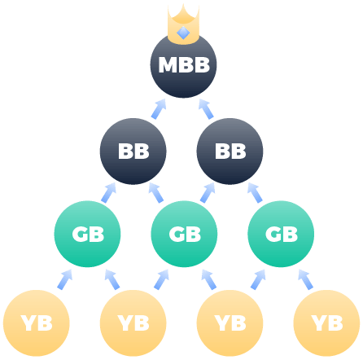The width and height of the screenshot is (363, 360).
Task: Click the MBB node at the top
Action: point(183,65)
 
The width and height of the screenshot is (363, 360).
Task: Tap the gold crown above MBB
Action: point(183,24)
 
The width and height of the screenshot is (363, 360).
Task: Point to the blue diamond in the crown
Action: point(183,33)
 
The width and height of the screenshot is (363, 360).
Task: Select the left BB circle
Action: point(133,151)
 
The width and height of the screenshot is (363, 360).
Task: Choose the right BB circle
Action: point(230,151)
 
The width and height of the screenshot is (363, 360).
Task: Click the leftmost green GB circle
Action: point(87,234)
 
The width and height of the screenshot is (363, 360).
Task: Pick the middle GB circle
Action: point(184,234)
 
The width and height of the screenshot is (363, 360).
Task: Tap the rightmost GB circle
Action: point(281,234)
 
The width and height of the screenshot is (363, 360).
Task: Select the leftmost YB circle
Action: point(36,323)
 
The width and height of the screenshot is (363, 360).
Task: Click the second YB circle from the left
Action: point(133,323)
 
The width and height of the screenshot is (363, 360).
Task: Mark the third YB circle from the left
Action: point(230,323)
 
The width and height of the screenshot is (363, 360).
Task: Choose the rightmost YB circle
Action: point(327,323)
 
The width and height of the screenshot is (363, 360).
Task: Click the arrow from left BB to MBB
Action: point(159,108)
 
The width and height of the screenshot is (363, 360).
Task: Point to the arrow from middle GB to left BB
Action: point(157,192)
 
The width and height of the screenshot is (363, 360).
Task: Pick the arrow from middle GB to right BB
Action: point(208,192)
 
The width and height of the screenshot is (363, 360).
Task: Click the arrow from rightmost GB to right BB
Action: point(256,192)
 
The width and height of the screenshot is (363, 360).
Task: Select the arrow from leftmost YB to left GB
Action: point(63,279)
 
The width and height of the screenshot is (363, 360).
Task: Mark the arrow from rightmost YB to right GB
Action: point(305,279)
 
